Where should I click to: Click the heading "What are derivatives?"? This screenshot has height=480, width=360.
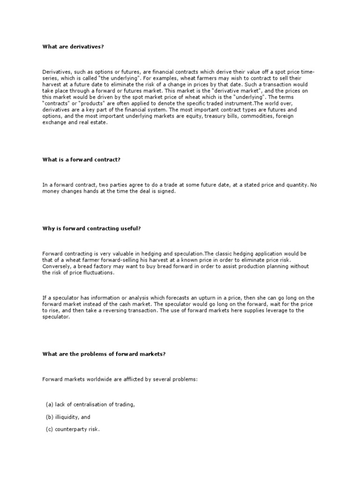click(x=73, y=46)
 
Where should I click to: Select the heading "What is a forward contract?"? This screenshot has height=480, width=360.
click(x=82, y=160)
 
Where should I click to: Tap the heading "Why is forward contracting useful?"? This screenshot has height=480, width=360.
click(x=91, y=228)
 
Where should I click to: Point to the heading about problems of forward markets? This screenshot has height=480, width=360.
click(x=104, y=354)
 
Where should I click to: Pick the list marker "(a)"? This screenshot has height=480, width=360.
click(x=49, y=405)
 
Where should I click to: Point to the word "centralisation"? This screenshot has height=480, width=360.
click(x=90, y=405)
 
